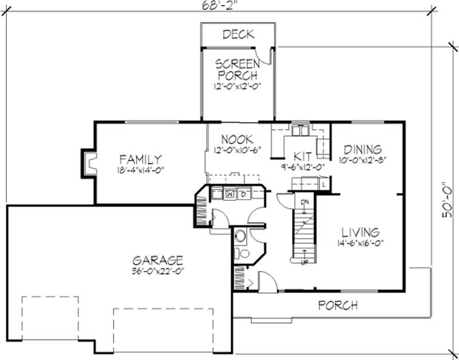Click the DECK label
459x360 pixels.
(x=238, y=34)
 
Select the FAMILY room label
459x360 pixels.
(x=140, y=159)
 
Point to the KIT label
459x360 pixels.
(x=302, y=156)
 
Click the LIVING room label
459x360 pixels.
(x=360, y=233)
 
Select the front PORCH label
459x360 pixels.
(x=338, y=305)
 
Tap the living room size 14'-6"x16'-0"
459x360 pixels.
(x=360, y=243)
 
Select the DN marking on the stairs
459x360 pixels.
(x=305, y=202)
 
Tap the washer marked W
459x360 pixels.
(x=229, y=193)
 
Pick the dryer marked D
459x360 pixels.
(x=243, y=193)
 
